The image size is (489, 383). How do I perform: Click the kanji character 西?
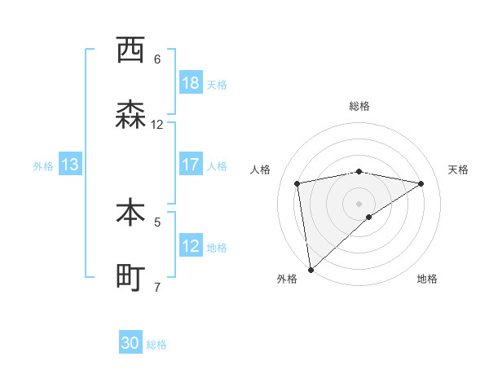[130, 51]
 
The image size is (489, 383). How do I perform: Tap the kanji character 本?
[130, 214]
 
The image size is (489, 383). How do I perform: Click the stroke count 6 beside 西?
[157, 59]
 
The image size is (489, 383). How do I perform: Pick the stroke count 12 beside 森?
[157, 125]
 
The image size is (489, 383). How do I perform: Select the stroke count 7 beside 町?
[157, 287]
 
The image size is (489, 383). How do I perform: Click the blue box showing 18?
[191, 83]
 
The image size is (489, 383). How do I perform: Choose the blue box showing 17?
[191, 165]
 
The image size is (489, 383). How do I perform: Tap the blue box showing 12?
[191, 246]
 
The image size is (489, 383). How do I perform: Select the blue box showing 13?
[69, 165]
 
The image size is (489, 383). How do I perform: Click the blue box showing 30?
[130, 344]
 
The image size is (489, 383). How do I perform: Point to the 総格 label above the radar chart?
[359, 106]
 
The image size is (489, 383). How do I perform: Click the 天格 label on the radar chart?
[458, 169]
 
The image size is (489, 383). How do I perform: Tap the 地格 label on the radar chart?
[427, 279]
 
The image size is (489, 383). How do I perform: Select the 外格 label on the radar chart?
[287, 279]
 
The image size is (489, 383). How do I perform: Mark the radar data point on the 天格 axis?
[421, 183]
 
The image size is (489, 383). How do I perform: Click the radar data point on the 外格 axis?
[311, 270]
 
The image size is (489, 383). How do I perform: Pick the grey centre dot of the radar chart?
[359, 203]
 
